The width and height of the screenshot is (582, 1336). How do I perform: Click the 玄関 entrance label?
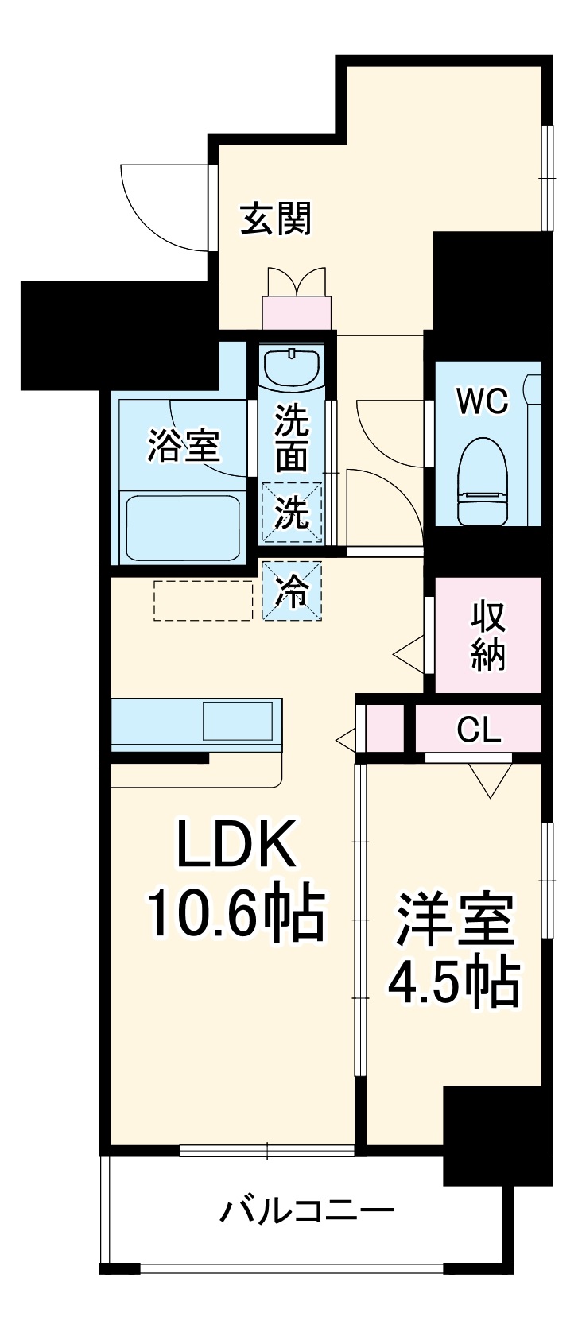[x=276, y=219]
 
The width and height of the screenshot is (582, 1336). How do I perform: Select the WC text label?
[x=482, y=402]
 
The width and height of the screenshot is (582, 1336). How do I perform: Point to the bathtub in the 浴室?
[x=183, y=526]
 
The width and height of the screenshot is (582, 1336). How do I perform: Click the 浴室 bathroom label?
[x=184, y=446]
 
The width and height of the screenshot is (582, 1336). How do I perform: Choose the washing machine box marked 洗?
[x=292, y=513]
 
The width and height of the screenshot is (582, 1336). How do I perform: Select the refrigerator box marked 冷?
[x=293, y=591]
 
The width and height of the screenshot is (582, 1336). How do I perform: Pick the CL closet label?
[x=479, y=730]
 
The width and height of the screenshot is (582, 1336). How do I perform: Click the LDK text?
[x=236, y=845]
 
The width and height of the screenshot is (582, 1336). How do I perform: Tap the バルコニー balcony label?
[x=307, y=1211]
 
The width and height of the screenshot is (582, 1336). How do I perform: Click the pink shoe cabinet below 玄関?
[x=297, y=311]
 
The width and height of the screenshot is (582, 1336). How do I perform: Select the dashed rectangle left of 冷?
[x=203, y=600]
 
